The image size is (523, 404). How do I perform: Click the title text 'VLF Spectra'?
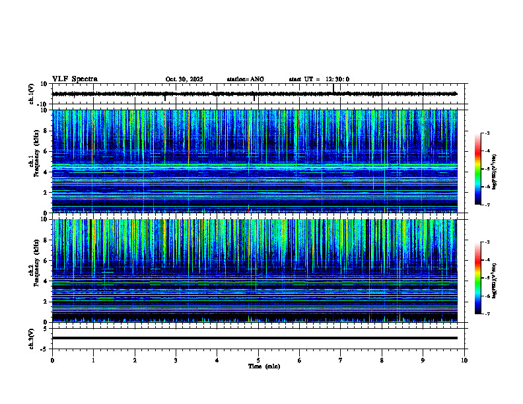pos(75,79)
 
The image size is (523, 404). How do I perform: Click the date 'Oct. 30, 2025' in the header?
pos(184,79)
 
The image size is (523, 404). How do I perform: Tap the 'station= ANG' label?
pos(245,79)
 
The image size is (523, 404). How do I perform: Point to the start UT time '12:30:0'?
pos(337,79)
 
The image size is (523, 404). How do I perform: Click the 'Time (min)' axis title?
pos(264,366)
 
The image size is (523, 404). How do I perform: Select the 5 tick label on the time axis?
pos(258,360)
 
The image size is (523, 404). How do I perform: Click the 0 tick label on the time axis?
pos(52,360)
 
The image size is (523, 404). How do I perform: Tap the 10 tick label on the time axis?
pos(464,360)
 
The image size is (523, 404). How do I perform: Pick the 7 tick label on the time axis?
pos(341,360)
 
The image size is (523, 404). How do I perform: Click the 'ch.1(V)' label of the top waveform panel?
pos(31,94)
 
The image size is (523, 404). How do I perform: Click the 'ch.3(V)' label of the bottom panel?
pos(31,337)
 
